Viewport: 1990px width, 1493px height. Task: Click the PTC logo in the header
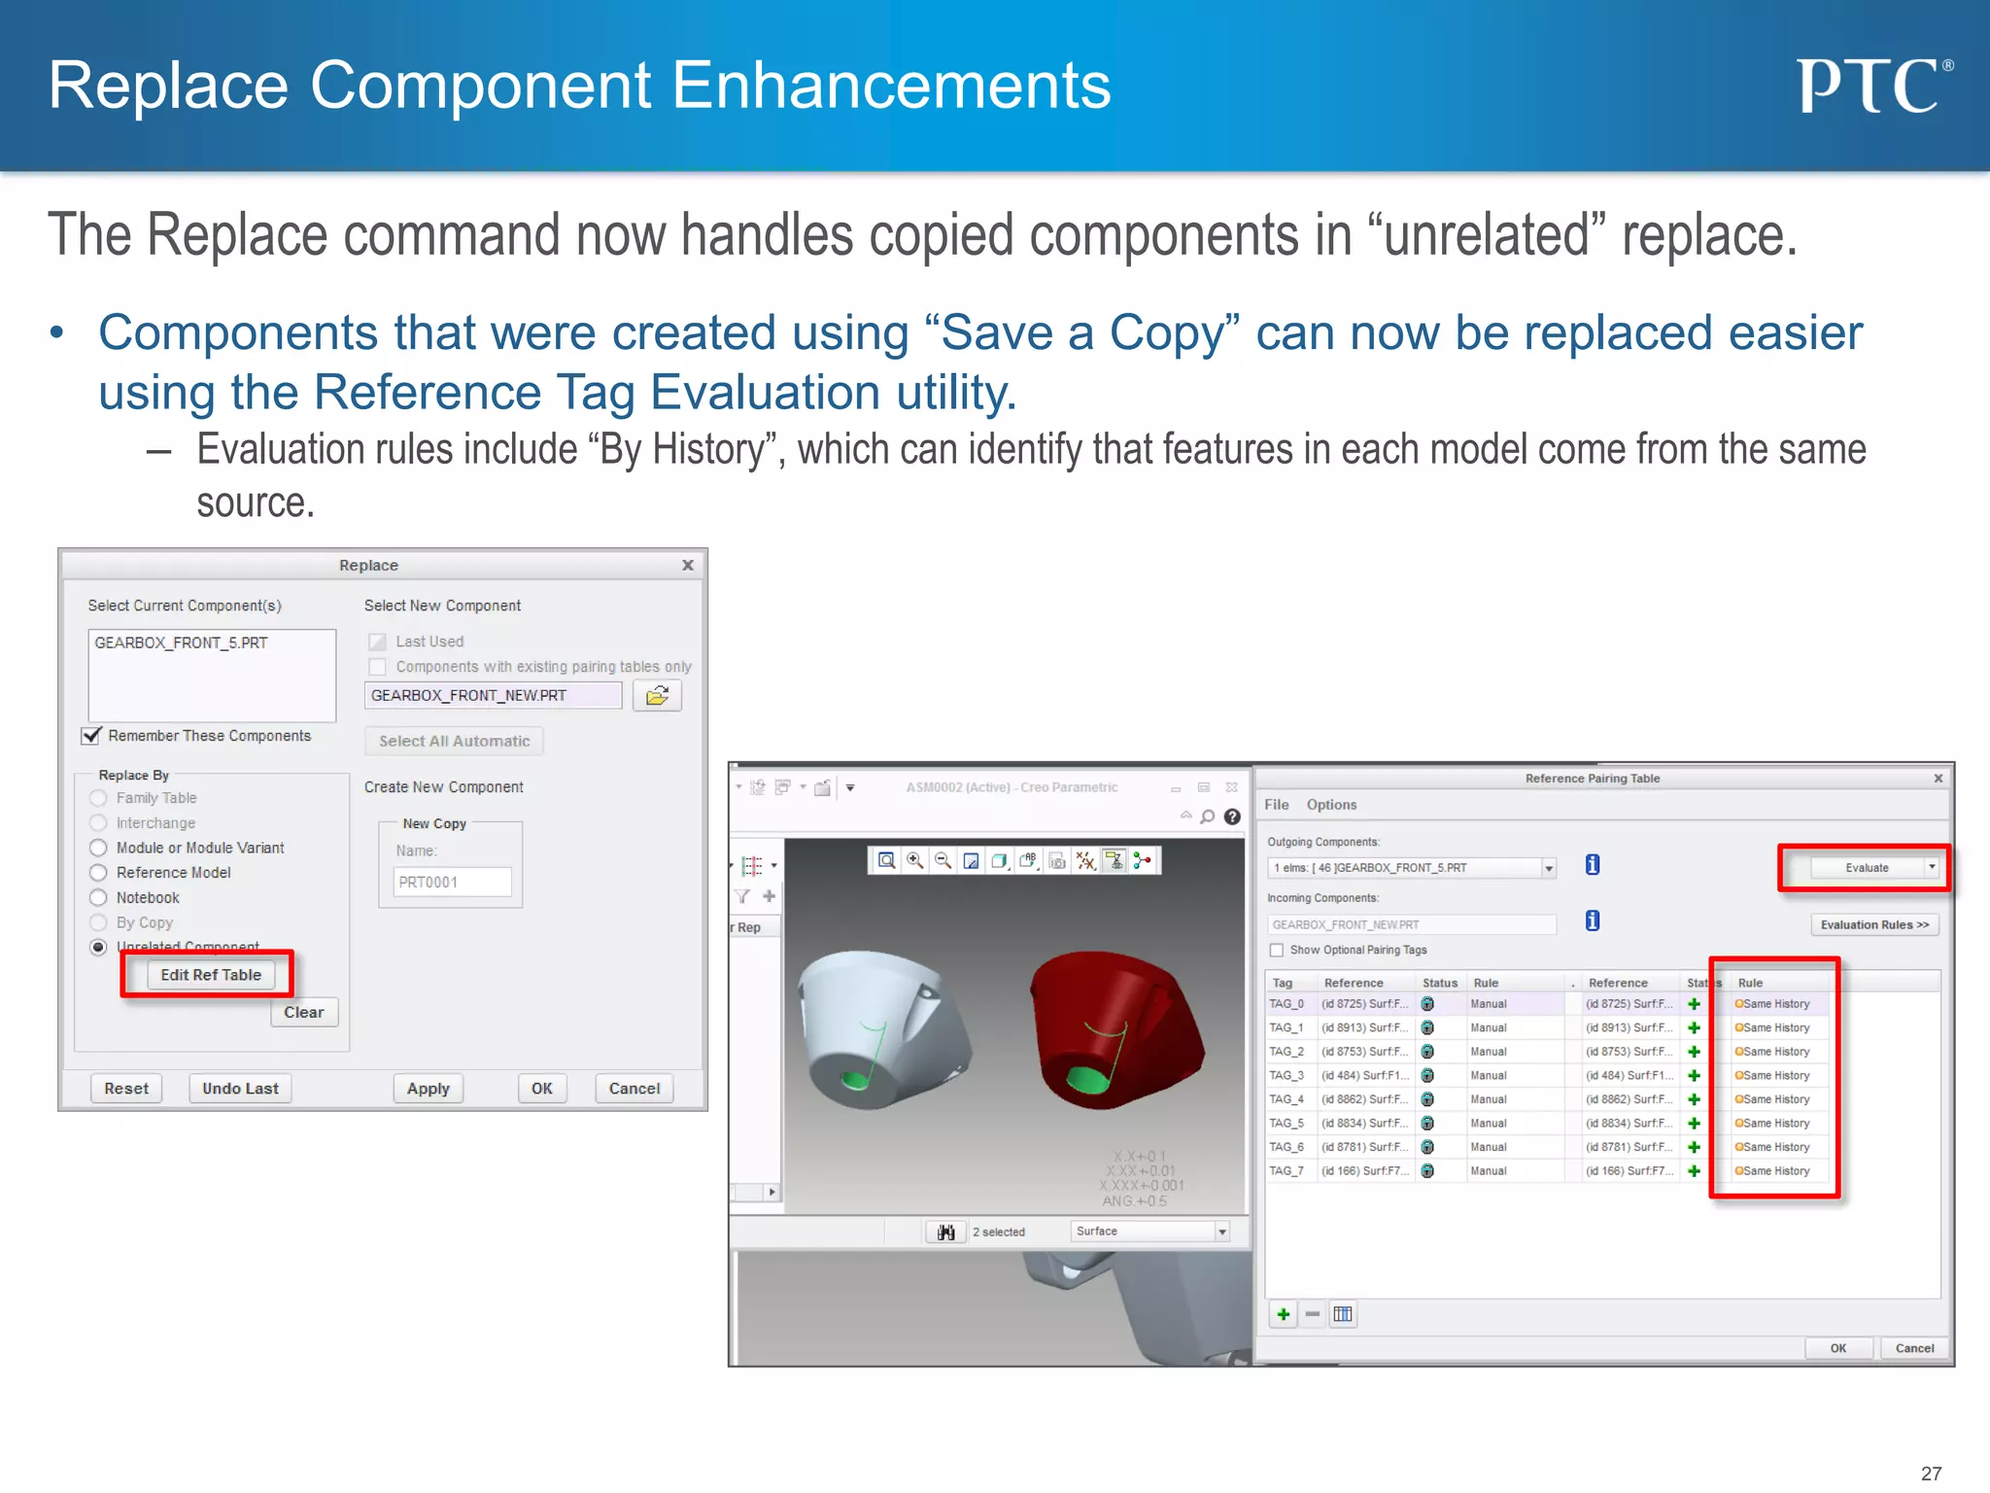point(1872,86)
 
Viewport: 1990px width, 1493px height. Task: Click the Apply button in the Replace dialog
point(428,1089)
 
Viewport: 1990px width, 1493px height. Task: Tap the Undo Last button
point(240,1089)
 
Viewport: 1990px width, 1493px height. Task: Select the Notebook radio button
point(98,898)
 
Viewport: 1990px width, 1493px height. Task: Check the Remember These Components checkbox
point(92,736)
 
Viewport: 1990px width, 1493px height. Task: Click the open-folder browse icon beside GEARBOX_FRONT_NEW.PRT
point(657,696)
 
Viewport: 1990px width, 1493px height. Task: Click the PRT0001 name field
point(453,883)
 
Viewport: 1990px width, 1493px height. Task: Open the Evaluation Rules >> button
point(1874,924)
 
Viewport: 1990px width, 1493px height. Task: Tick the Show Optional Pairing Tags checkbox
point(1277,951)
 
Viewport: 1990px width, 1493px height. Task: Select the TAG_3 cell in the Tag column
point(1287,1076)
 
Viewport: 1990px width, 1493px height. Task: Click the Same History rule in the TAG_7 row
point(1775,1171)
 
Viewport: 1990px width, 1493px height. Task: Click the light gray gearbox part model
point(879,1030)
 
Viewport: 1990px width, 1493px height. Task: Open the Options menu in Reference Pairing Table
point(1331,805)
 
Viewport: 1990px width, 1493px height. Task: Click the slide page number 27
point(1931,1474)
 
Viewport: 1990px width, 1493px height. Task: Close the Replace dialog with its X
point(688,566)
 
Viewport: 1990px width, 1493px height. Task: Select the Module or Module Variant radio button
point(98,848)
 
